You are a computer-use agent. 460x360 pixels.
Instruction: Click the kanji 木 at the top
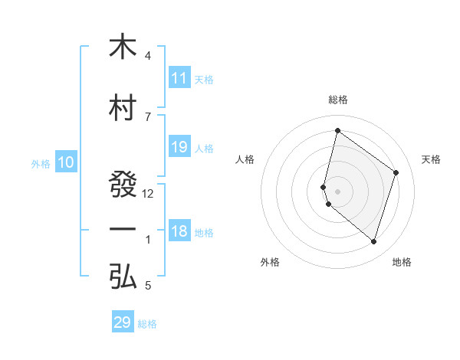click(123, 47)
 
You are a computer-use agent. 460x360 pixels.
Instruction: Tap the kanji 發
click(123, 185)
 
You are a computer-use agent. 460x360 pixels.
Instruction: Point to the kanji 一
click(123, 231)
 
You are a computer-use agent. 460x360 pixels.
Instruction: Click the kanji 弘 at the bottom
click(123, 277)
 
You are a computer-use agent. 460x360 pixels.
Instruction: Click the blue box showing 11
click(179, 78)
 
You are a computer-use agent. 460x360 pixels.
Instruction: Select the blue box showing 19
click(179, 147)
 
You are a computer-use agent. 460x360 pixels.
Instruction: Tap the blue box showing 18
click(179, 231)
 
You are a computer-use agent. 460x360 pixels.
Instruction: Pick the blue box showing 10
click(65, 162)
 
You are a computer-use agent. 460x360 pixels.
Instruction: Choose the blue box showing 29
click(123, 322)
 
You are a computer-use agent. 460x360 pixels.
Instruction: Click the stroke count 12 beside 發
click(148, 194)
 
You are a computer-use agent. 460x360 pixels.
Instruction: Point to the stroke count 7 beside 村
click(148, 116)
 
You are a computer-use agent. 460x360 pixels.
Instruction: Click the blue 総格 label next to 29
click(148, 324)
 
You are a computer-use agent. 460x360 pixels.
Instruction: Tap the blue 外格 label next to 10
click(41, 163)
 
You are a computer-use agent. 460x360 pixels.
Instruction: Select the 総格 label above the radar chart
click(338, 100)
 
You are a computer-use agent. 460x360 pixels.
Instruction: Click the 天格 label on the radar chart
click(432, 159)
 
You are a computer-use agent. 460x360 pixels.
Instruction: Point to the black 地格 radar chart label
click(402, 262)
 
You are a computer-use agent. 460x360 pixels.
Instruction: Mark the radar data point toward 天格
click(396, 172)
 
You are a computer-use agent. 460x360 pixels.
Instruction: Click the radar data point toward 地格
click(373, 242)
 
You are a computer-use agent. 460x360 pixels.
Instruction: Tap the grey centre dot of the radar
click(337, 191)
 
